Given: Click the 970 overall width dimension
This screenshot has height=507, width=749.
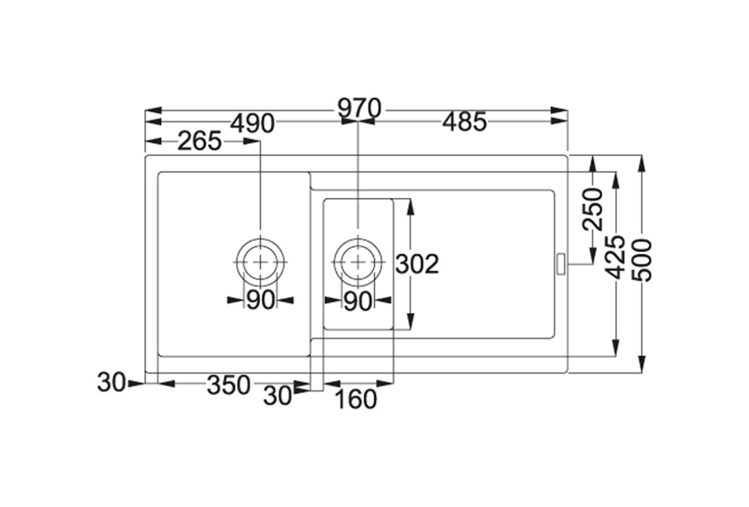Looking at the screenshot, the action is (360, 109).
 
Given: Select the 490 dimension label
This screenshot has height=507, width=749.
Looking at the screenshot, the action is (253, 124).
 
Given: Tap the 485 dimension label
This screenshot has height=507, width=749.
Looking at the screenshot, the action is (464, 122).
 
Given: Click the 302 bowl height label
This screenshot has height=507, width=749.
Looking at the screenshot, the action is (417, 264).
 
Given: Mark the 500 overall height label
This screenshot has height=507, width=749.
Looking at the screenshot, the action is (641, 260).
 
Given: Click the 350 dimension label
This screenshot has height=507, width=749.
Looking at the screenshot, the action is (229, 385).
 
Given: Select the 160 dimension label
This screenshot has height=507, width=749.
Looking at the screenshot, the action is (356, 399).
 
